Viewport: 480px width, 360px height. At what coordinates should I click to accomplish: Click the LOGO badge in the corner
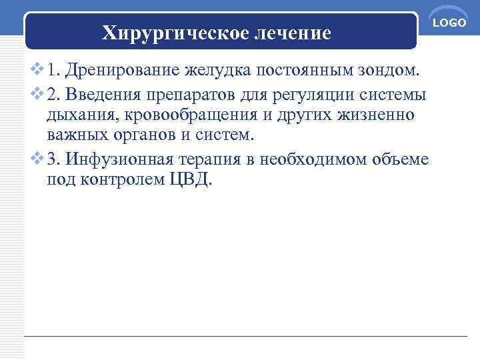[449, 23]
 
